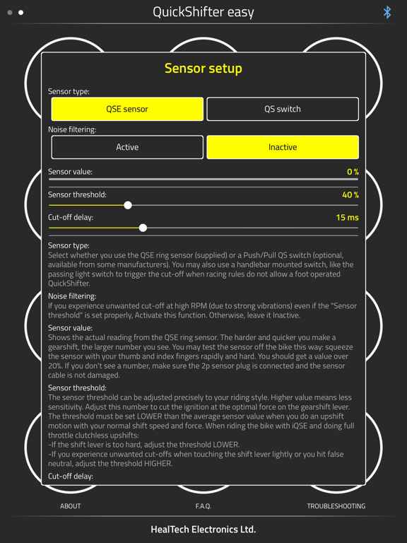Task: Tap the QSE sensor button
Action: pos(127,109)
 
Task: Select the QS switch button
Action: pos(283,109)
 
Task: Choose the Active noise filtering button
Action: pos(127,147)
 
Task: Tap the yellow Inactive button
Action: pos(283,147)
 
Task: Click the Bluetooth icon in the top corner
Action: pos(387,12)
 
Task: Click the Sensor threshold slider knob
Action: pos(128,205)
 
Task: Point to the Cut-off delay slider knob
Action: pos(143,228)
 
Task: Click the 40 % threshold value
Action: pos(350,194)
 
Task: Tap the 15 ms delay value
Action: pos(347,218)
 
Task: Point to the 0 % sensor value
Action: pos(353,172)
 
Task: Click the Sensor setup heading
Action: pos(203,69)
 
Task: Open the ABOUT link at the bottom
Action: pos(71,506)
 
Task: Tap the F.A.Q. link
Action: pos(203,506)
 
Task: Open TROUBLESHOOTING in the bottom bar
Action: pos(336,506)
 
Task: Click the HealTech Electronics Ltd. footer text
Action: pos(203,529)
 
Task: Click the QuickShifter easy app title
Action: pos(203,12)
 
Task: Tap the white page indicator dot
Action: pos(21,12)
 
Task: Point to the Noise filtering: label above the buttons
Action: pos(72,129)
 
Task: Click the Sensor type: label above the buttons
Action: pos(69,91)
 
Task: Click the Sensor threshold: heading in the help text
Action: pos(77,387)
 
